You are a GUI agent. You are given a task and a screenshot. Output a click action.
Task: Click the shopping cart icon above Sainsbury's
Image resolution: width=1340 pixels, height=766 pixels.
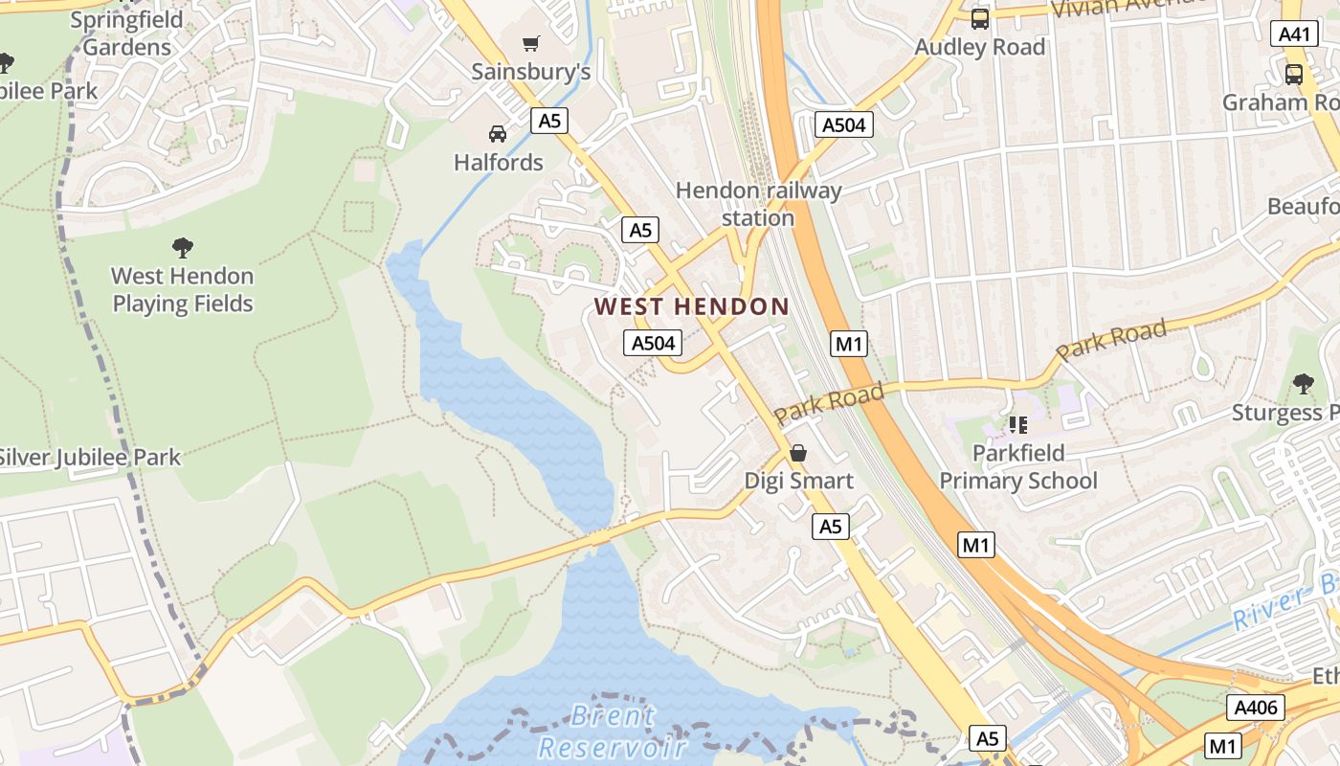point(531,43)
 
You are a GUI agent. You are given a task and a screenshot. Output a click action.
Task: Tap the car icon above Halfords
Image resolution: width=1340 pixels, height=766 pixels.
point(498,133)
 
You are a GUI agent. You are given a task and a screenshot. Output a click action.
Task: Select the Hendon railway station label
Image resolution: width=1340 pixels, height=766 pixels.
point(758,204)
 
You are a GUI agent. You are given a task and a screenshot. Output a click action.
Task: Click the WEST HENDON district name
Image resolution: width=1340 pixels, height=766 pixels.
point(691,306)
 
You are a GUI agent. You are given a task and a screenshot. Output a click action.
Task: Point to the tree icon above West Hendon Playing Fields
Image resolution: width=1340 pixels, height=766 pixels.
point(183,248)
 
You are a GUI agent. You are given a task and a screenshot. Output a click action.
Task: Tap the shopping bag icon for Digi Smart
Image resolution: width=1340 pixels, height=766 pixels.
point(797,453)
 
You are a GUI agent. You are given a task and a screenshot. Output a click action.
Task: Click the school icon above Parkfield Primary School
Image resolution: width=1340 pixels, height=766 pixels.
point(1017,423)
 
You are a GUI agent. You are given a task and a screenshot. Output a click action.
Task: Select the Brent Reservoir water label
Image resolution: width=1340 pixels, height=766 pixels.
point(613,731)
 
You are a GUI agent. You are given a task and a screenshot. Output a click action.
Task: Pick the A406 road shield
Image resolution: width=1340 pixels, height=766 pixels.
point(1255,708)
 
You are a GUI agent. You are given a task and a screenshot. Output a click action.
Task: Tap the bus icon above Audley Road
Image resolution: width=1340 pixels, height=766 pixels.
point(979,18)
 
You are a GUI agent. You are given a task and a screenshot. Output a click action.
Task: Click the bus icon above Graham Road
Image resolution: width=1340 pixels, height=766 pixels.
point(1294,74)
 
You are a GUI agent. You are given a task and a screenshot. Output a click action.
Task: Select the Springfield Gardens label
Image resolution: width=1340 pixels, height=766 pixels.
point(126,34)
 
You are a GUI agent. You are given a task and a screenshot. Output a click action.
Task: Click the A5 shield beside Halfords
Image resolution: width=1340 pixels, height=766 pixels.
point(549,121)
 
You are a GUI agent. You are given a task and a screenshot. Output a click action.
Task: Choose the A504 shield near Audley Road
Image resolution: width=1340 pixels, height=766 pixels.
point(844,124)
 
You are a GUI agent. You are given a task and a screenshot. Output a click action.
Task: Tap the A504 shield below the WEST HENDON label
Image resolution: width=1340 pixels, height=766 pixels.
point(653,343)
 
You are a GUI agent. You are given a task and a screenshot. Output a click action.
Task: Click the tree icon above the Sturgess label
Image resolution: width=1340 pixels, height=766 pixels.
point(1303,384)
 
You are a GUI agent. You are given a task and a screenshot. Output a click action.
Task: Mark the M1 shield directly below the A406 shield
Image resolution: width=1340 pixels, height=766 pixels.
point(1222,746)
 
